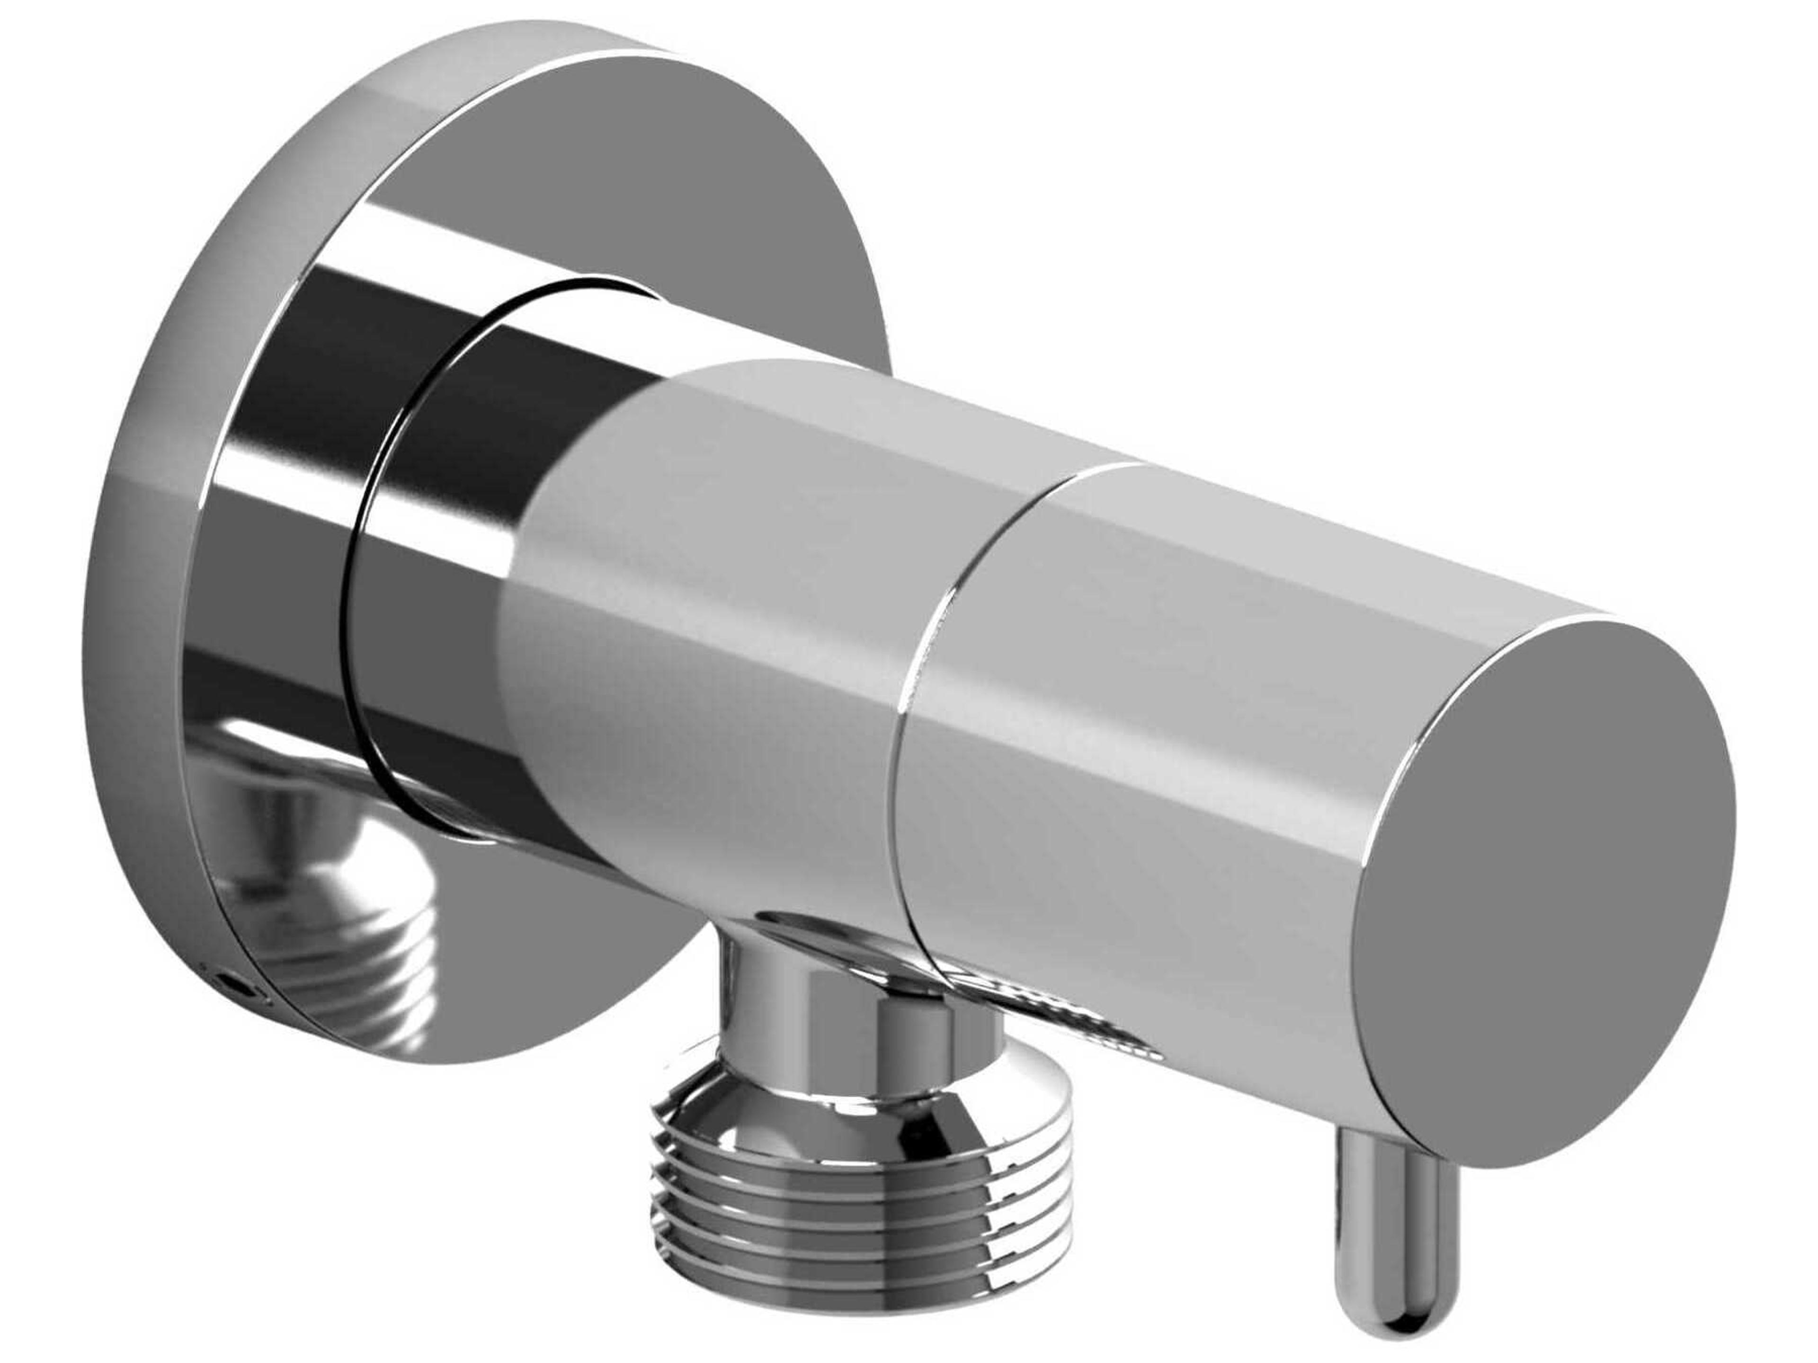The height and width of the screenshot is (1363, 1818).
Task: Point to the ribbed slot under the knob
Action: point(1060,1010)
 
